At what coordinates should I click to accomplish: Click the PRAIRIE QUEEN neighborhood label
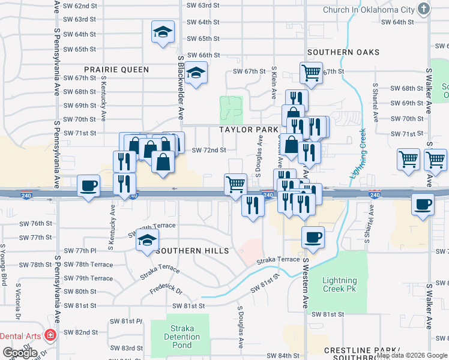pos(116,70)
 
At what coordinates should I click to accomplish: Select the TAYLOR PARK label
pos(249,130)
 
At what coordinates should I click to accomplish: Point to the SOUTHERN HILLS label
pos(192,251)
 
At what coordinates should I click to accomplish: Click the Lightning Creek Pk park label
pos(339,284)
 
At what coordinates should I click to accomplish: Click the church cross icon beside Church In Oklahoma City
pos(424,9)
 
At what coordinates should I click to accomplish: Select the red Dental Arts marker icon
pos(50,335)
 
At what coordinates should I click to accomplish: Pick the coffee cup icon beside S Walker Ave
pos(423,203)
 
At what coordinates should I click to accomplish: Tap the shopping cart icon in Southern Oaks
pos(311,73)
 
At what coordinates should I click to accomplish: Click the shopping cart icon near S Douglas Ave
pos(235,184)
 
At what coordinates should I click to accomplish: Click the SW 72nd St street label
pos(208,150)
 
